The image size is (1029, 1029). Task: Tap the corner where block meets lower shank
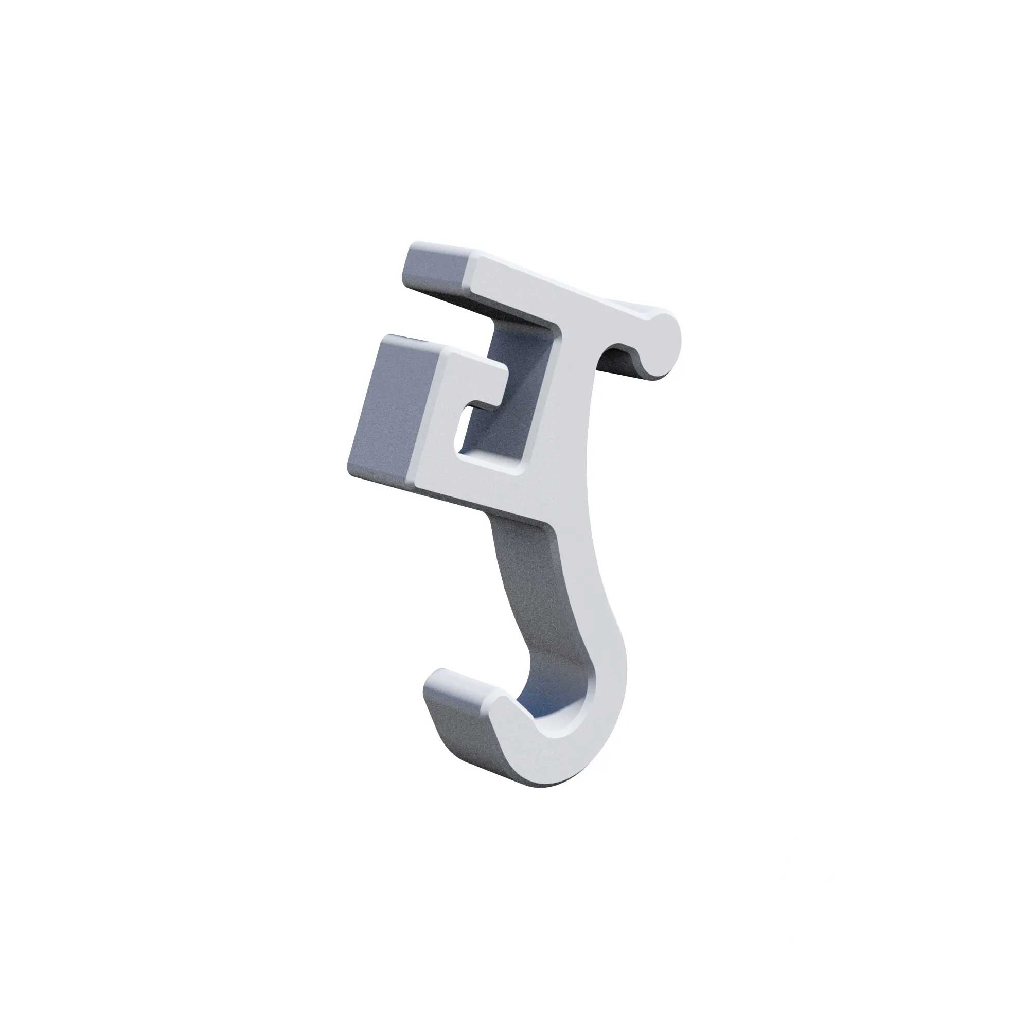click(546, 525)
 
